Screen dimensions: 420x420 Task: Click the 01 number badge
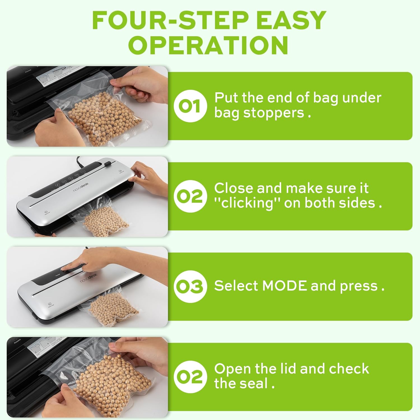tap(190, 106)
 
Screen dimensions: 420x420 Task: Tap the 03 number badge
tap(190, 286)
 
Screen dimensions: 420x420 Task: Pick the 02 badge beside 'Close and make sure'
tap(190, 196)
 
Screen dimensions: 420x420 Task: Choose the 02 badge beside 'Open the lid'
tap(190, 377)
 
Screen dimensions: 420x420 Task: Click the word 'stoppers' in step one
tap(274, 113)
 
